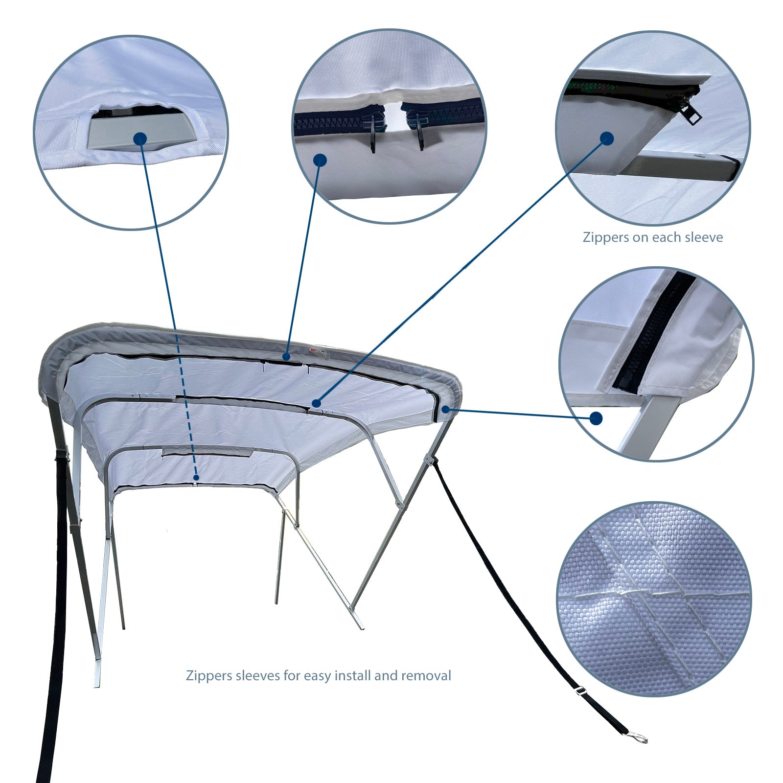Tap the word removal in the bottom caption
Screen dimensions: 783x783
coord(426,676)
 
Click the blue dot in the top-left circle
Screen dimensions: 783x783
coord(140,139)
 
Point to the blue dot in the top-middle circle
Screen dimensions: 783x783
coord(320,160)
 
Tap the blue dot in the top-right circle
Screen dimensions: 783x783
coord(607,138)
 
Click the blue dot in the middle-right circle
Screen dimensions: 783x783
coord(596,418)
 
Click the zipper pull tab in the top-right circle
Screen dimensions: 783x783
coord(691,113)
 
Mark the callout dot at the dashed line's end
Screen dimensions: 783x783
coord(196,477)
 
